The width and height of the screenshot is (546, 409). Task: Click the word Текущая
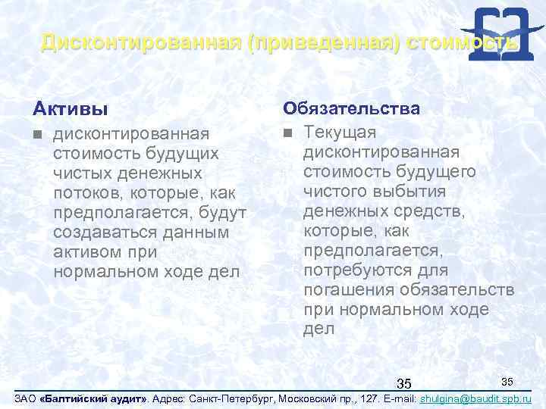pos(339,133)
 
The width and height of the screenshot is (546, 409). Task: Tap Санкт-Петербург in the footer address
pos(237,398)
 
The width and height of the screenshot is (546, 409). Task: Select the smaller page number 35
pos(507,378)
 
